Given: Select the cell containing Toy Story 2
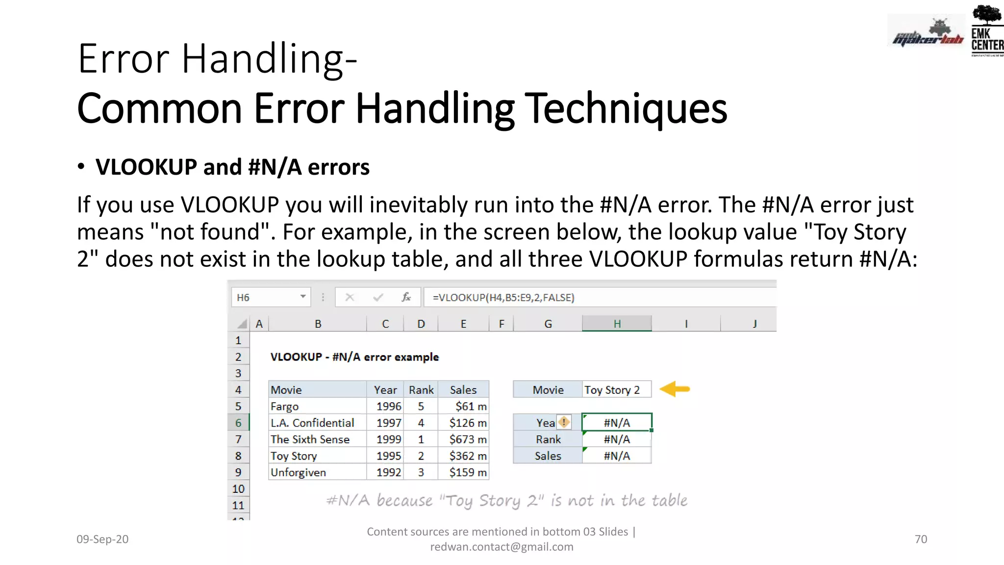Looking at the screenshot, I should click(x=616, y=390).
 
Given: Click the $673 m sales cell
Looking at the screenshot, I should click(x=468, y=439).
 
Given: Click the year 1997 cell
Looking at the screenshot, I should click(x=388, y=423).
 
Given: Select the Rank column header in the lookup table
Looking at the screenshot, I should click(x=421, y=390).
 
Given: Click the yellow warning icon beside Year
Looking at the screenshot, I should click(x=564, y=422).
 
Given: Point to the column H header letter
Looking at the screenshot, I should click(x=617, y=324).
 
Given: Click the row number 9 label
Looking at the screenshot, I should click(x=238, y=472).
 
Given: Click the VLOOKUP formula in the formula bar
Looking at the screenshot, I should click(x=503, y=297).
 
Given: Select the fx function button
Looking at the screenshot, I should click(x=406, y=297).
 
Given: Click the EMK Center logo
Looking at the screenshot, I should click(x=987, y=30).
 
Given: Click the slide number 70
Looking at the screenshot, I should click(x=921, y=539).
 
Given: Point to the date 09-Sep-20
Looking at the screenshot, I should click(x=102, y=539).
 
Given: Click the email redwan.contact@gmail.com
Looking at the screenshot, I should click(x=502, y=547).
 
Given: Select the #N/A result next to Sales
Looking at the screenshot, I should click(x=617, y=456).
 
